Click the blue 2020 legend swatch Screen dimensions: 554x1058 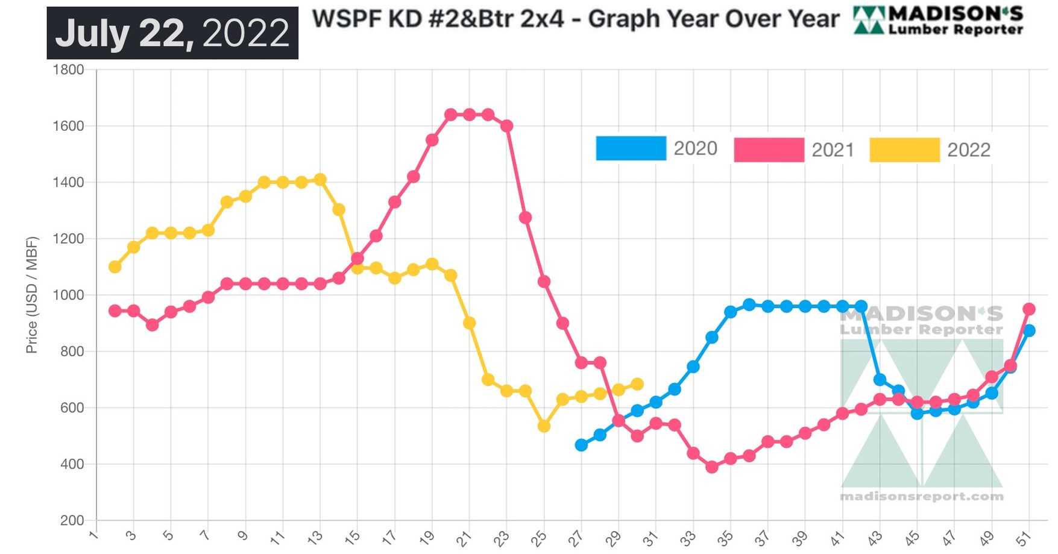pyautogui.click(x=631, y=148)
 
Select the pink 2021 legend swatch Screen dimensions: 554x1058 pyautogui.click(x=769, y=150)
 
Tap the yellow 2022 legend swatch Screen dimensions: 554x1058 pyautogui.click(x=904, y=150)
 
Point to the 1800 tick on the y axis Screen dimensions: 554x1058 pyautogui.click(x=68, y=69)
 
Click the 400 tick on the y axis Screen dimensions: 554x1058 pyautogui.click(x=72, y=464)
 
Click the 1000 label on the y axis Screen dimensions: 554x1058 pyautogui.click(x=68, y=295)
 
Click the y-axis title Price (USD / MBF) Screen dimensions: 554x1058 pyautogui.click(x=31, y=295)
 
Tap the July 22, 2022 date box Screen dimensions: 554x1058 pyautogui.click(x=172, y=33)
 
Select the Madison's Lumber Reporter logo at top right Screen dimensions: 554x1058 pyautogui.click(x=938, y=20)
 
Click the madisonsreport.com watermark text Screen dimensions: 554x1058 pyautogui.click(x=921, y=497)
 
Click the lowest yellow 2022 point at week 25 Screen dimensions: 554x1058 pyautogui.click(x=544, y=426)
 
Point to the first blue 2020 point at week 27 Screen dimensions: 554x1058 pyautogui.click(x=581, y=445)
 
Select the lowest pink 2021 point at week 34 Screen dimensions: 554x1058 pyautogui.click(x=712, y=467)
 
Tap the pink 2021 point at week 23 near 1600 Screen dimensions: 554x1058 pyautogui.click(x=506, y=125)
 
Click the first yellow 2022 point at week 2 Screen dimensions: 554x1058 pyautogui.click(x=115, y=266)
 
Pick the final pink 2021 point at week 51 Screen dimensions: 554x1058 pyautogui.click(x=1029, y=309)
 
